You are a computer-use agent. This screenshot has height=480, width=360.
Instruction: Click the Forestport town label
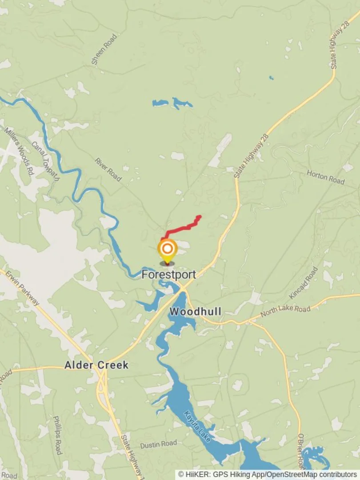click(168, 275)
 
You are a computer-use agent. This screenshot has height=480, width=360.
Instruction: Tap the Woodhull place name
click(196, 311)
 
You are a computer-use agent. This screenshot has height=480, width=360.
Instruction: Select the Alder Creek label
click(96, 365)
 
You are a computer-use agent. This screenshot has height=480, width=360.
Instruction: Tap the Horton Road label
click(325, 177)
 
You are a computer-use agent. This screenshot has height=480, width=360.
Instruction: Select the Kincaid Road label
click(310, 282)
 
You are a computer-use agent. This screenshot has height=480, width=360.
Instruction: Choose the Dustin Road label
click(158, 444)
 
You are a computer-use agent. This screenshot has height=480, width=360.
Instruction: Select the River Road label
click(108, 169)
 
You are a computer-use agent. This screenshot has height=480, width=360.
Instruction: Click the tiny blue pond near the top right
click(271, 78)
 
